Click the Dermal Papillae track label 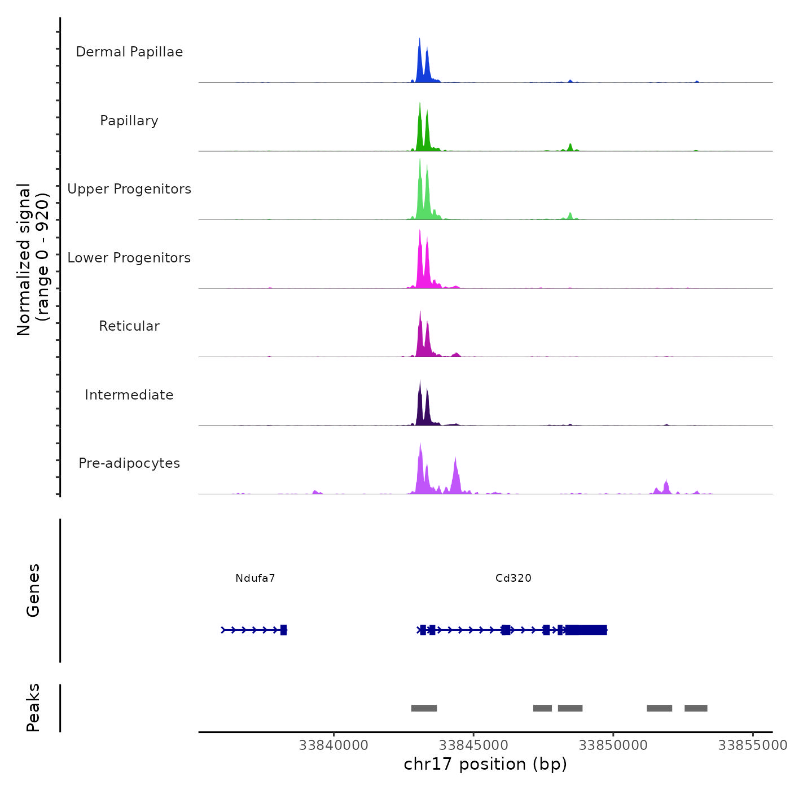[x=129, y=52]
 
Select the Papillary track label [x=129, y=121]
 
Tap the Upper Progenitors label [x=129, y=189]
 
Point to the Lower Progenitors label [x=129, y=258]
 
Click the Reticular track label [x=129, y=326]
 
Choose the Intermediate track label [x=129, y=395]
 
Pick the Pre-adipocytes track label [x=129, y=463]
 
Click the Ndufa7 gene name [x=255, y=578]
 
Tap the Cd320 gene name [x=513, y=578]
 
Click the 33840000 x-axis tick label [x=333, y=745]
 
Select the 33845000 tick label [x=473, y=745]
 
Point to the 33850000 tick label [x=613, y=745]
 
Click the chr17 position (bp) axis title [x=485, y=764]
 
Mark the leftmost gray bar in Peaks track [x=424, y=708]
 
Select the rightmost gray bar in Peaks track [x=696, y=708]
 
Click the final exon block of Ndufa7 [x=284, y=630]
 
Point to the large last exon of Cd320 [x=587, y=630]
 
